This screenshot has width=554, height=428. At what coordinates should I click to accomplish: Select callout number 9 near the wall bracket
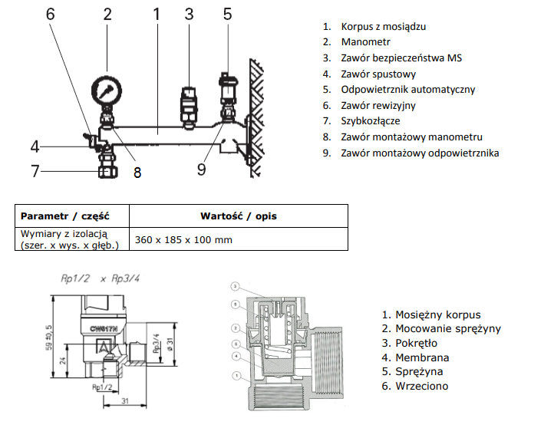[x=201, y=167]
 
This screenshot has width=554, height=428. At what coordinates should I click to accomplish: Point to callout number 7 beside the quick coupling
[x=35, y=170]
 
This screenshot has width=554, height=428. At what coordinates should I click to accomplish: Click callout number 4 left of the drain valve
[x=35, y=146]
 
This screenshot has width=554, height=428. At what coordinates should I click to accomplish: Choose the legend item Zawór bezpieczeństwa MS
[x=402, y=58]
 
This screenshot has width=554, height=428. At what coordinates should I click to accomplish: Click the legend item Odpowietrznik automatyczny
[x=408, y=90]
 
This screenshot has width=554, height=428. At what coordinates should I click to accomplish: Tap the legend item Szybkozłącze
[x=371, y=121]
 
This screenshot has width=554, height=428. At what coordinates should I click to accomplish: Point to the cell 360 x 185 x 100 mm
[x=183, y=240]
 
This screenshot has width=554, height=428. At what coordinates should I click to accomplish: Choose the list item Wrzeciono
[x=421, y=387]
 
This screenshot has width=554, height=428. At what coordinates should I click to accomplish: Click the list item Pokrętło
[x=420, y=343]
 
